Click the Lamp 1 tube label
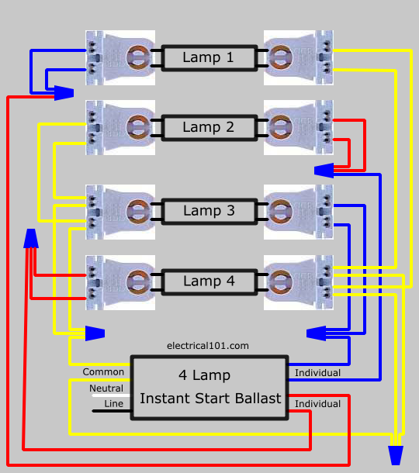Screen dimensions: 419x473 [208, 57]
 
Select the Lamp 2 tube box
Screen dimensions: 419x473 [209, 128]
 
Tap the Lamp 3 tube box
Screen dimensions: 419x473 [209, 212]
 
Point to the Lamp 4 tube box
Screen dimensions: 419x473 [209, 282]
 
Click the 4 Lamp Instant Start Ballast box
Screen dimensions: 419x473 [209, 388]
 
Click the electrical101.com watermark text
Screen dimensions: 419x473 [208, 346]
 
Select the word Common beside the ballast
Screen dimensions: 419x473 [103, 372]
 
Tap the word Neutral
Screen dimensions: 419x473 [106, 388]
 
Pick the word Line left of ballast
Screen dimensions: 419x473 [114, 404]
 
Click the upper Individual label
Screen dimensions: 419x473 [317, 373]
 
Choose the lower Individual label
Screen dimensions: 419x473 [317, 404]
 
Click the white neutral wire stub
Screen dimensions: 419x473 [111, 395]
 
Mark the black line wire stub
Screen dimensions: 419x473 [112, 411]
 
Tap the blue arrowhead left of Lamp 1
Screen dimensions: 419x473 [64, 93]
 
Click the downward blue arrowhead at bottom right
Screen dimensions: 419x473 [396, 455]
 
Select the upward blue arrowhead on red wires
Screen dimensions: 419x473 [31, 238]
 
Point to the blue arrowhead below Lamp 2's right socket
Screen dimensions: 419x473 [324, 171]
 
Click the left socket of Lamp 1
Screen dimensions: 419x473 [120, 57]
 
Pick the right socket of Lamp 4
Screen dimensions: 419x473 [299, 282]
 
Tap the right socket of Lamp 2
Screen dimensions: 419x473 [299, 128]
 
